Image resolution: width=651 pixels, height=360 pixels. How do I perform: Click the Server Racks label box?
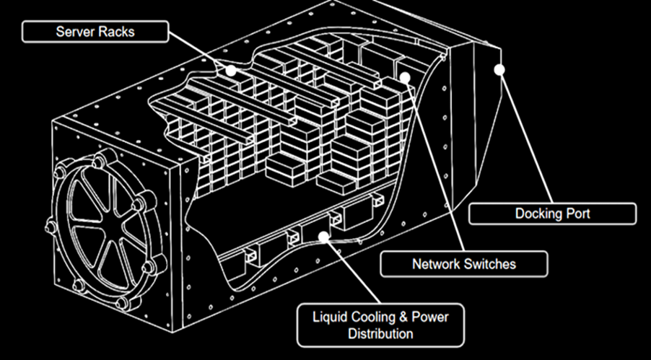point(95,32)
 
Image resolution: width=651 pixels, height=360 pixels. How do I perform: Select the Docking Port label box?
point(553,214)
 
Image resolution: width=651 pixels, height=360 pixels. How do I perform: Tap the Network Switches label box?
point(464,264)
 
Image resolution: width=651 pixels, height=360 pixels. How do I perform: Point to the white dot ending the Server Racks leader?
point(230,70)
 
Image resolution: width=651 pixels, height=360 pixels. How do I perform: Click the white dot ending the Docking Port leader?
point(499,69)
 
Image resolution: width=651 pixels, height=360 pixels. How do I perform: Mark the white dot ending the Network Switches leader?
point(405,76)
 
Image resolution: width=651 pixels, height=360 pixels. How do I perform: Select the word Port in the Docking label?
point(577,214)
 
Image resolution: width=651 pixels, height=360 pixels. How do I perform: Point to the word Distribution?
point(380,333)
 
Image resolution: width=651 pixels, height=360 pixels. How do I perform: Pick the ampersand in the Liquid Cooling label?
point(396,316)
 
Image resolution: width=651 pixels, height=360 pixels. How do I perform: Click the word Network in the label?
point(436,264)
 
